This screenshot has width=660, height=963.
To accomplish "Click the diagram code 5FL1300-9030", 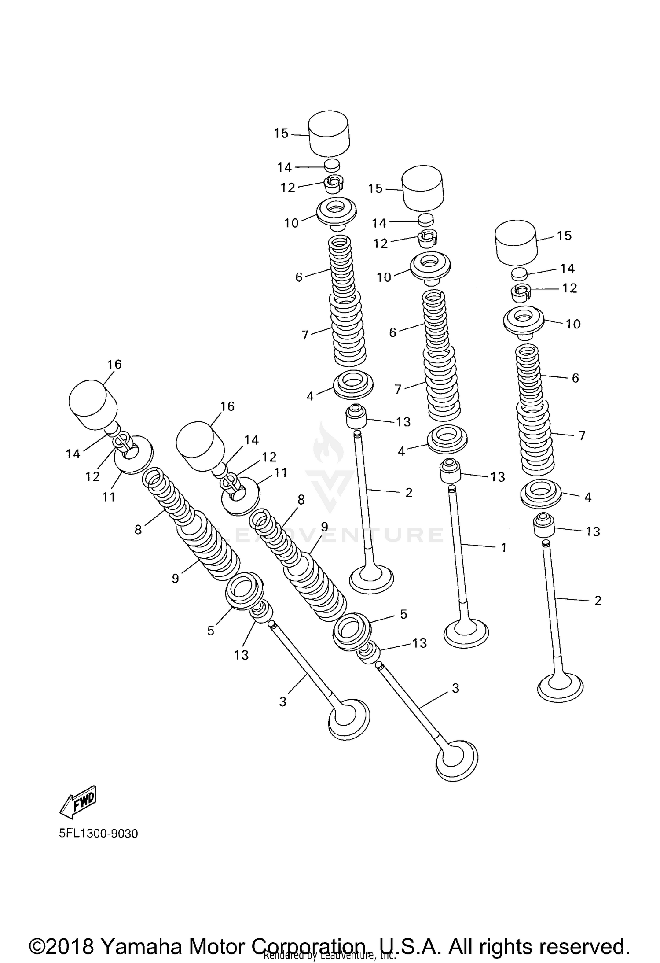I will coord(98,834).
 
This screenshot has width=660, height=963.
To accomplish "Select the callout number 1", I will coord(504,547).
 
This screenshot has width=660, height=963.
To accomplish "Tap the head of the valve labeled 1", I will coord(466,633).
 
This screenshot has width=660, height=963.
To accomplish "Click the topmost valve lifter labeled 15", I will coord(328,133).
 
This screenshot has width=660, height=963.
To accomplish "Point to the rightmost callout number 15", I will coord(564,236).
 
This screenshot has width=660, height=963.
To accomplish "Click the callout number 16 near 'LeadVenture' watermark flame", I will coord(227,406).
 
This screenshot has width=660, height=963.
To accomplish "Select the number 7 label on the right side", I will coord(582,435).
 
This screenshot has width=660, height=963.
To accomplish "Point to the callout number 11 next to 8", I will coord(280,472).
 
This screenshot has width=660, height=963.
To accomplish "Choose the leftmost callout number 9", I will coord(175,578).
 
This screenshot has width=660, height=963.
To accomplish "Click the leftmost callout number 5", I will coord(211,631).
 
